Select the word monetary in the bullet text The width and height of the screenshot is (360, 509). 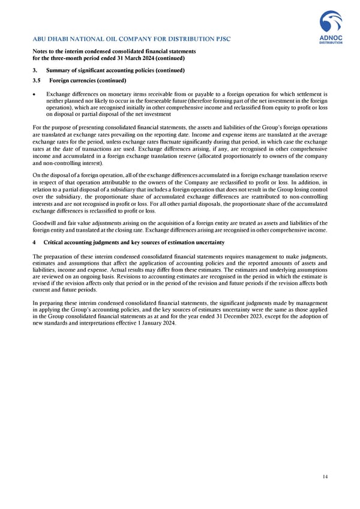pyautogui.click(x=121, y=94)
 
